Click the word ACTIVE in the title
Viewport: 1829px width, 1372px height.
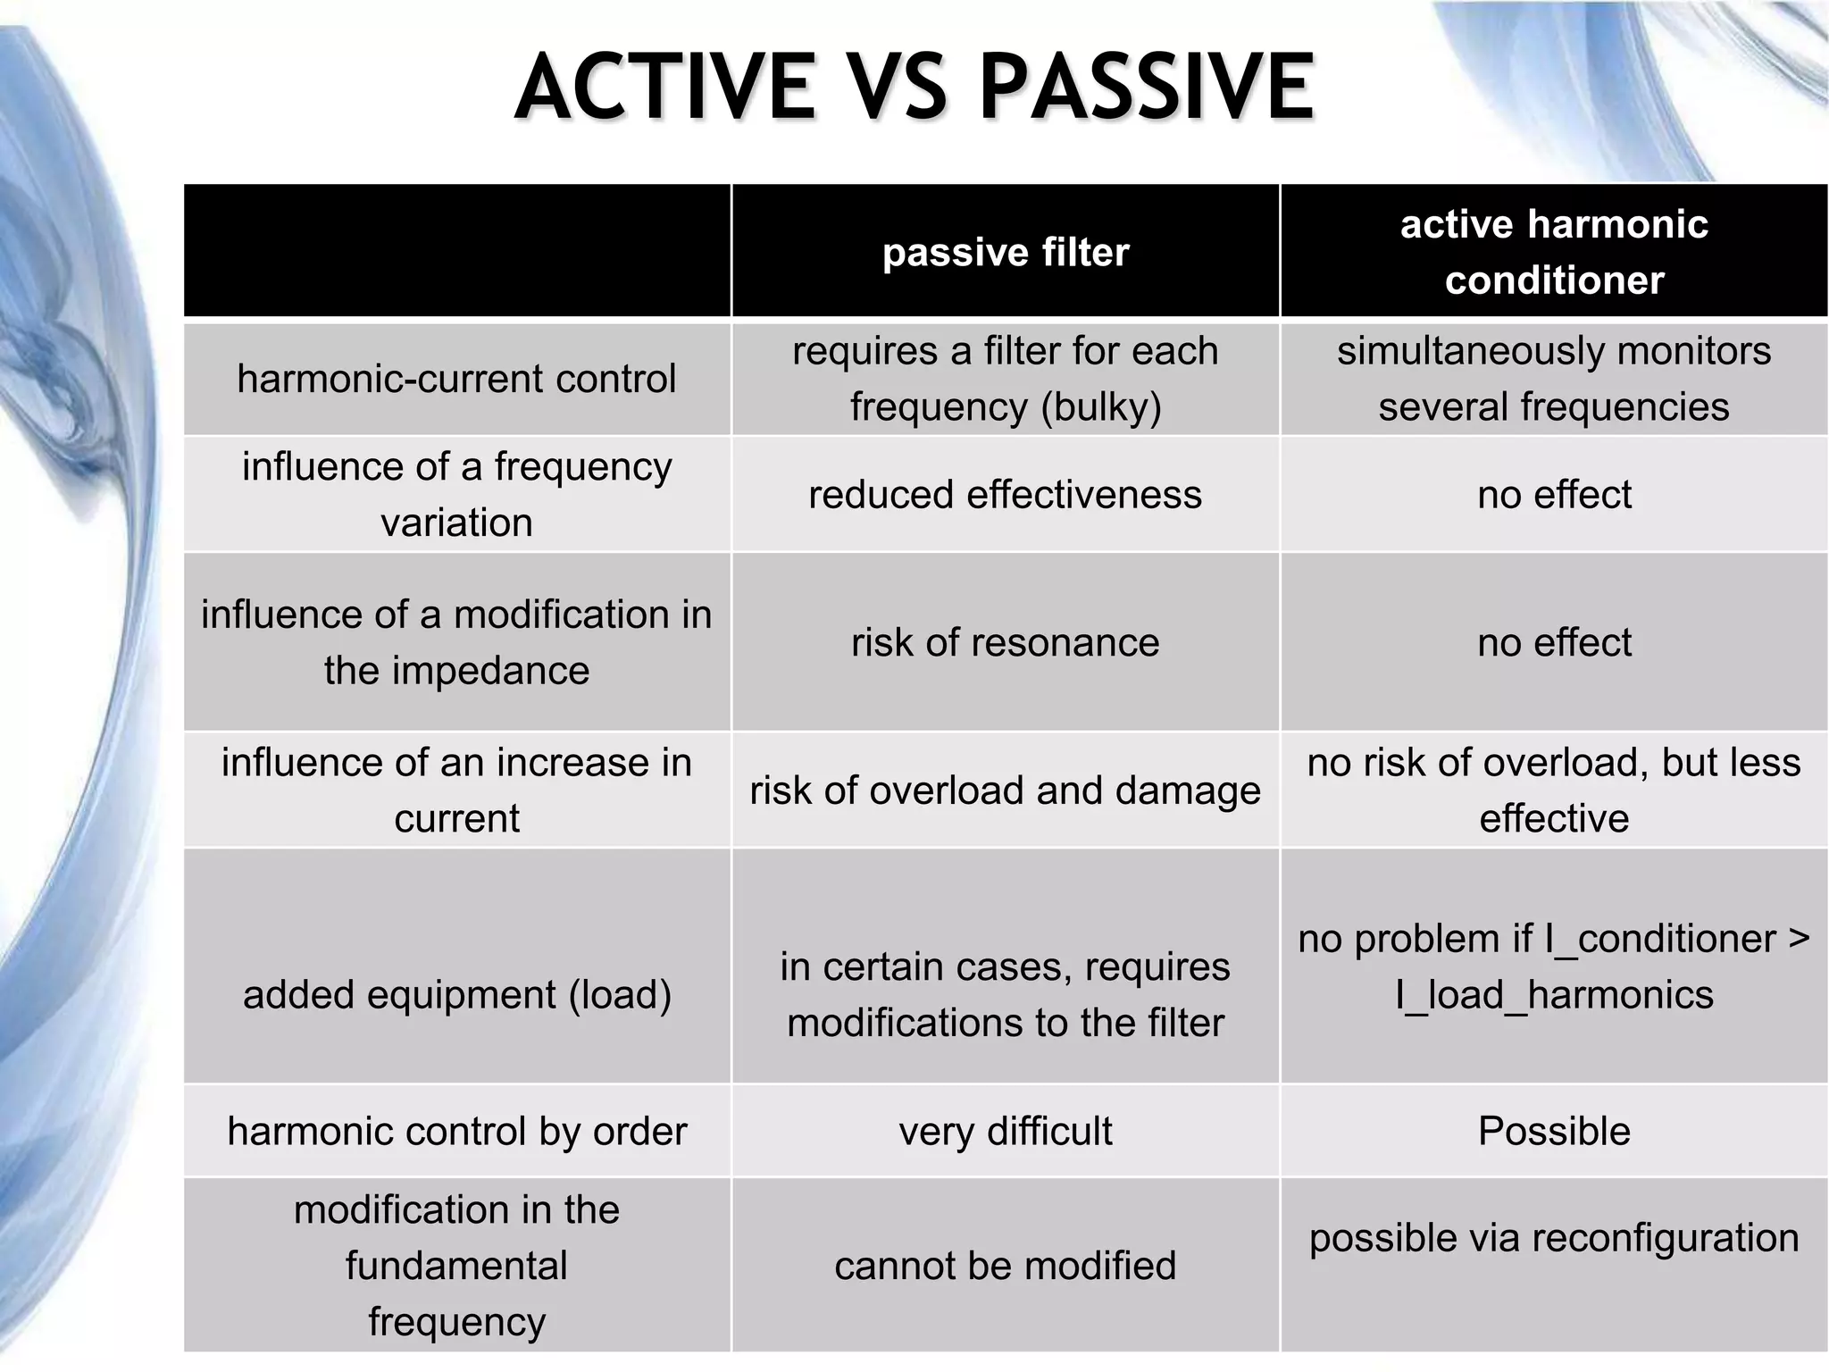click(665, 87)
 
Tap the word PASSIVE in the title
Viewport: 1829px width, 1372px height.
click(1147, 87)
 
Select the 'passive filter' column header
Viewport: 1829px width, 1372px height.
click(1006, 253)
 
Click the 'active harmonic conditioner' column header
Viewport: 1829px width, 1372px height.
click(1554, 252)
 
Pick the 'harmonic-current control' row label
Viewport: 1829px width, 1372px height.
click(456, 379)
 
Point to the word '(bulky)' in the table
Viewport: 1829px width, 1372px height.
click(1101, 407)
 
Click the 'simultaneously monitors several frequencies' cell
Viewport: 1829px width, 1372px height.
click(1554, 379)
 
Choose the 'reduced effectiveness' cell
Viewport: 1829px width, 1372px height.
click(1006, 495)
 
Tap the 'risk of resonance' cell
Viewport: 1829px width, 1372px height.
click(1006, 643)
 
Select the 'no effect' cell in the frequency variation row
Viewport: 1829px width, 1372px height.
click(1554, 495)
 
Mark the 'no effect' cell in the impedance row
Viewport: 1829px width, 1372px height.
click(1554, 643)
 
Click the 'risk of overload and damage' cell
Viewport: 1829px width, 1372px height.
click(1006, 791)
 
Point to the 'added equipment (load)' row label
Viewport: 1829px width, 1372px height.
click(456, 995)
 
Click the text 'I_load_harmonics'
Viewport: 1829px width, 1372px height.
click(1554, 995)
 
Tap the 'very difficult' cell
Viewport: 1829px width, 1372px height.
click(1006, 1132)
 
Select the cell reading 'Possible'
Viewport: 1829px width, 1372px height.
click(1554, 1132)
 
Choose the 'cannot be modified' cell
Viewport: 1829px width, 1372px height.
click(1006, 1266)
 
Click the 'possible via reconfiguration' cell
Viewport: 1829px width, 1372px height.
click(1554, 1239)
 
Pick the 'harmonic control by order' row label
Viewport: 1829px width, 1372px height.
click(456, 1132)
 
